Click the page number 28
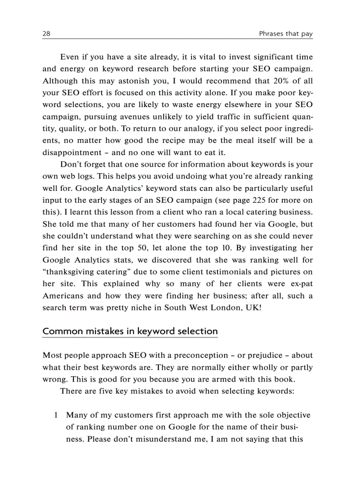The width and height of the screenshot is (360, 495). point(46,34)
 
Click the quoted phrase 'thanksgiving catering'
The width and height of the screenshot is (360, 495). point(82,272)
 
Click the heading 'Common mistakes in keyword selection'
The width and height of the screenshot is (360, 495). point(130,331)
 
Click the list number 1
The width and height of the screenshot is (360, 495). point(56,415)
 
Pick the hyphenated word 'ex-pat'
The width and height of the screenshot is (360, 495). point(300,283)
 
